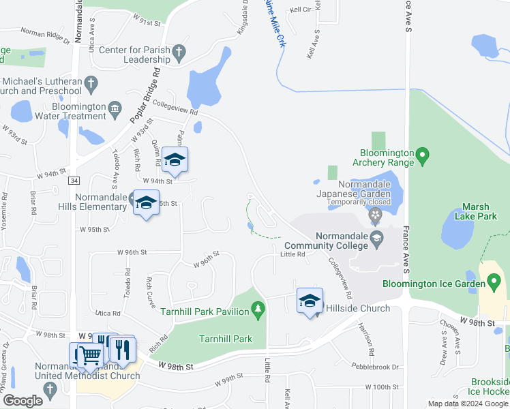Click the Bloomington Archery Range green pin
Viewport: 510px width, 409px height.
(x=422, y=157)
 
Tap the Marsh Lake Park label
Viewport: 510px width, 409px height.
(x=480, y=212)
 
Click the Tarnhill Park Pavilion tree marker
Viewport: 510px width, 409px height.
(x=258, y=311)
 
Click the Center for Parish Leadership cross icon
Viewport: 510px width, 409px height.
(x=179, y=52)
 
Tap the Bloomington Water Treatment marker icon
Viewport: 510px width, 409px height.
(x=115, y=107)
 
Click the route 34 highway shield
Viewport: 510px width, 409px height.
(x=74, y=180)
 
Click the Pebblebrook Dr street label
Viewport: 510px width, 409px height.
(x=375, y=367)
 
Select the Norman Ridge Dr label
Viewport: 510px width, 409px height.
(x=45, y=35)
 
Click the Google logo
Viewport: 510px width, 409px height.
(x=22, y=401)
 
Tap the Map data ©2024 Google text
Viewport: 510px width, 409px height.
(x=467, y=404)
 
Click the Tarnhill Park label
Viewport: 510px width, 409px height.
(x=226, y=339)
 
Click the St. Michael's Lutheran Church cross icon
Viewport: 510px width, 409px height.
(x=92, y=84)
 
